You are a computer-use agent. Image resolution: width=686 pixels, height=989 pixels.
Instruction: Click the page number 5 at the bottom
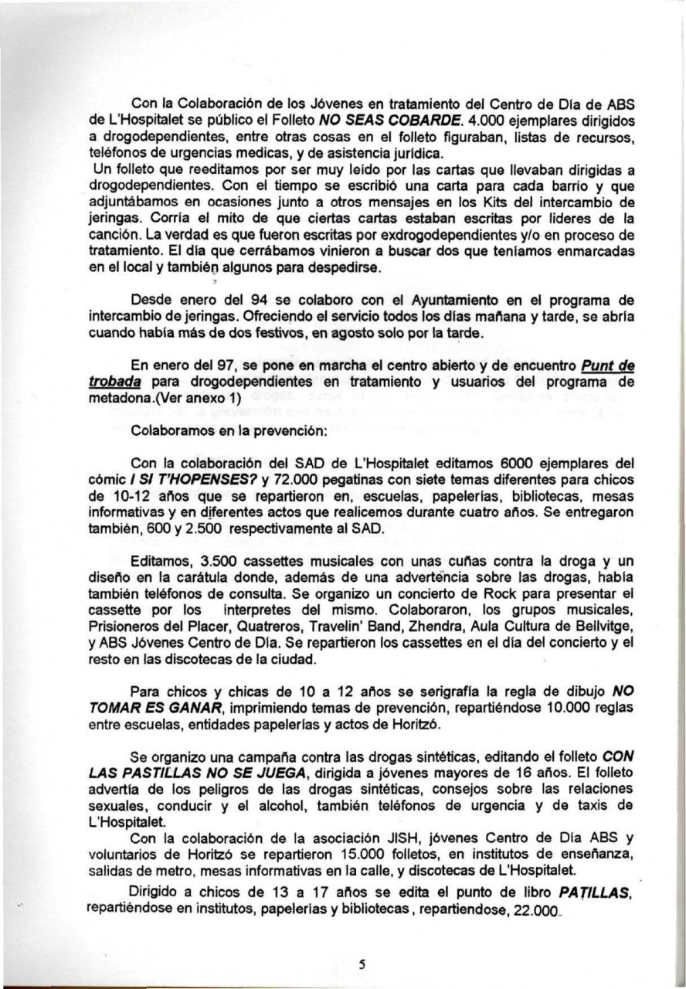tap(362, 963)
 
